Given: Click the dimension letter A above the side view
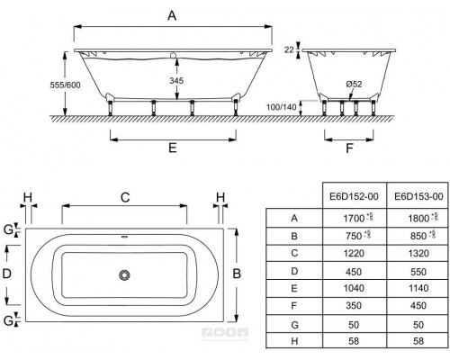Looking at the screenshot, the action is pos(172,15).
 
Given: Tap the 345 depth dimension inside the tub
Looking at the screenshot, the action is pos(176,80).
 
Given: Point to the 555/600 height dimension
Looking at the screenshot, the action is pos(65,85).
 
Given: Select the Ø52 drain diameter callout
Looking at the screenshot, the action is pos(354,84).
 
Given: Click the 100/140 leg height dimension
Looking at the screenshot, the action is pos(282,107).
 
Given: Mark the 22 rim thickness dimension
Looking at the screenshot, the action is pos(289,49).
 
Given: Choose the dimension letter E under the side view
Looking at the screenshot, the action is pos(173,148).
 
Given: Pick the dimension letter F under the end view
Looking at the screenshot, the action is pos(349,148).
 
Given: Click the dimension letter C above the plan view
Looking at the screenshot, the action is pos(125,197).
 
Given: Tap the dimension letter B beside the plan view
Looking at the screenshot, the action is pos(237,274).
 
